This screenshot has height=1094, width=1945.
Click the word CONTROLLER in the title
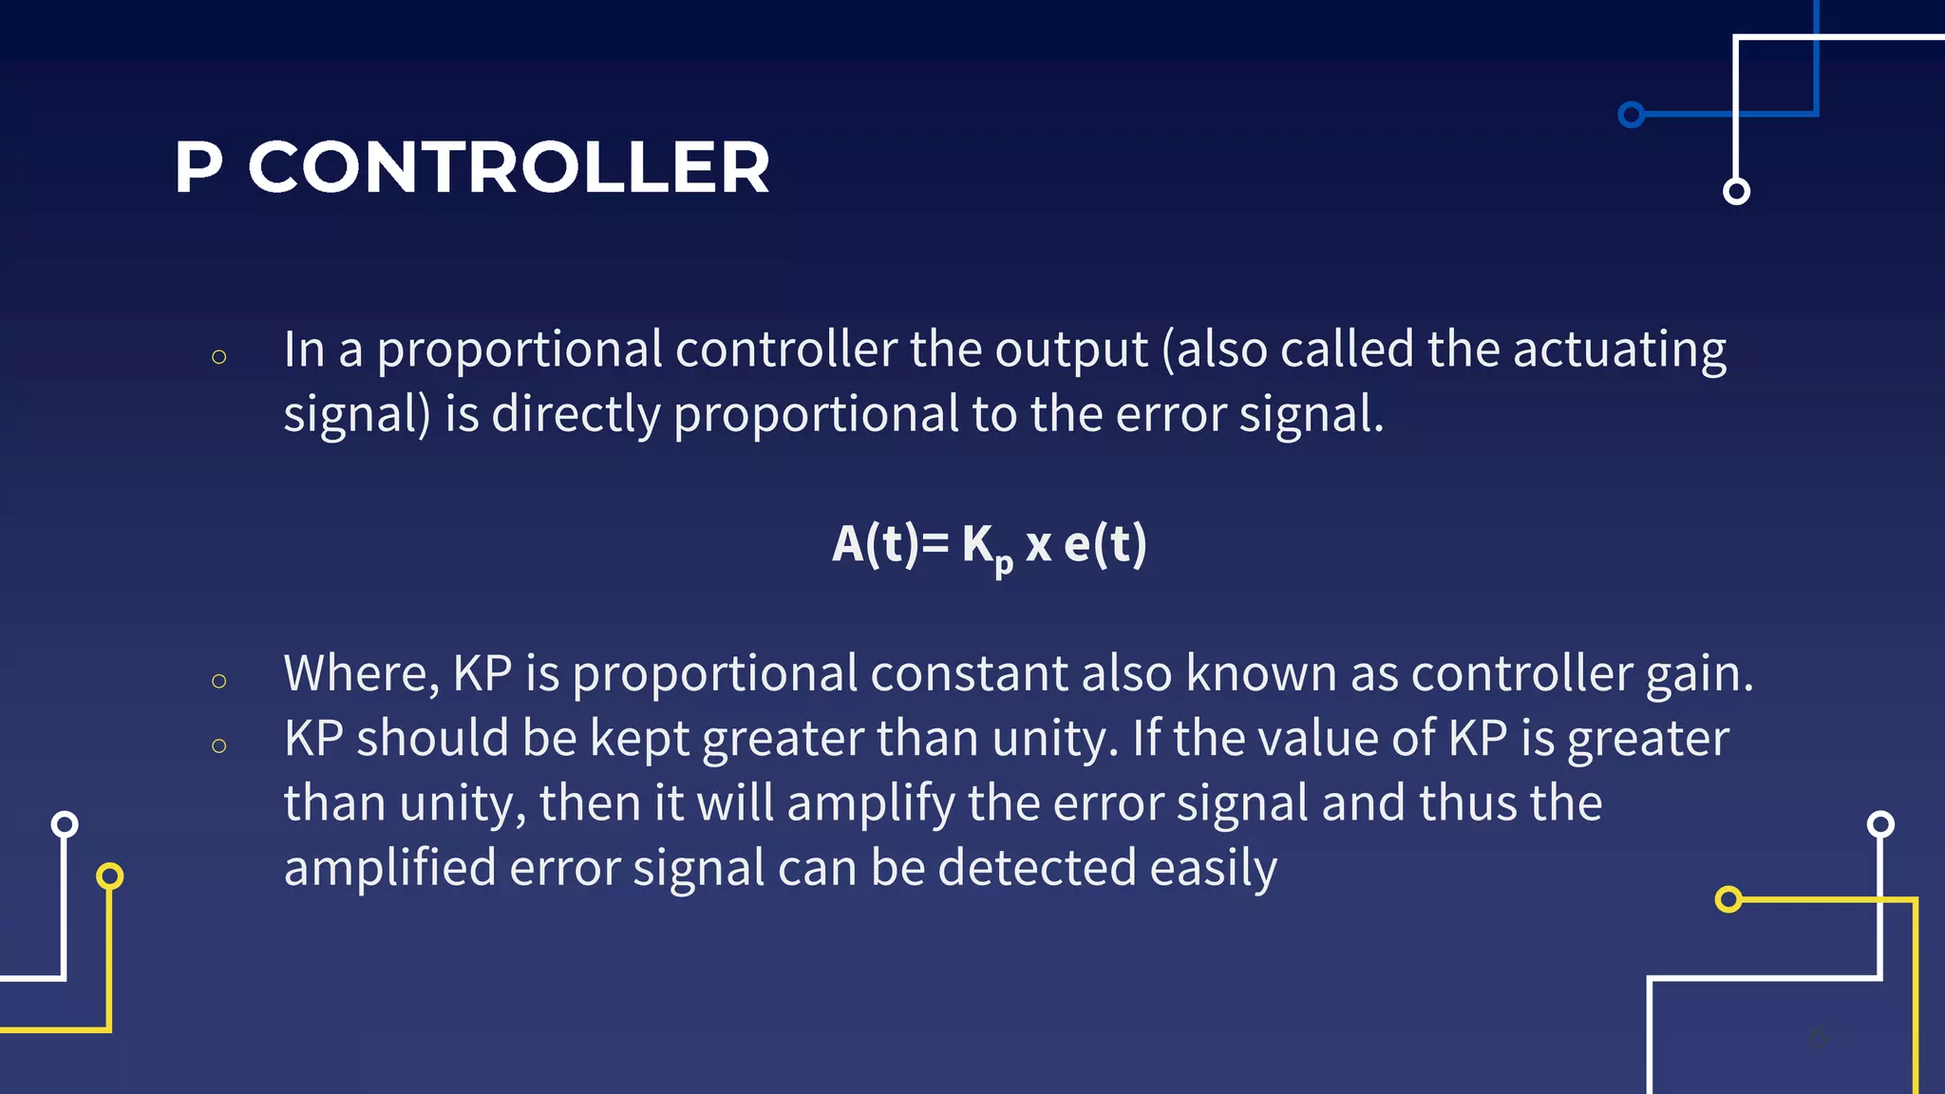(x=509, y=168)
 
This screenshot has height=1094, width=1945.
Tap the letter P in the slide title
(x=198, y=168)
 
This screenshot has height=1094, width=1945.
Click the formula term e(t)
(x=1105, y=544)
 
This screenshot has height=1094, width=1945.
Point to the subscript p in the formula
(x=1004, y=563)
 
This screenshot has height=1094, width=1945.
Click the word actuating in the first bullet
(x=1619, y=349)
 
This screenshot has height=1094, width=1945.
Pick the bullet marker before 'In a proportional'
(x=219, y=357)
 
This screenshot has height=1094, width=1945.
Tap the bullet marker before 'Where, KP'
(x=219, y=681)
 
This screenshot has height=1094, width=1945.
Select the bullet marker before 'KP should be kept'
(x=219, y=745)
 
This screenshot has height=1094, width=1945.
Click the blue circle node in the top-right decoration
(x=1632, y=115)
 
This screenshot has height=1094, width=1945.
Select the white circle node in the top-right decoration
(x=1736, y=191)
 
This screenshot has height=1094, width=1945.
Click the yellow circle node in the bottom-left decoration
(x=110, y=876)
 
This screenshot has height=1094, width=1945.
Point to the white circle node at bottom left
(x=65, y=823)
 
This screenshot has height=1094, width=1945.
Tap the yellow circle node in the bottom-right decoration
(x=1728, y=898)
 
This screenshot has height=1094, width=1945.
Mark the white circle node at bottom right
(x=1880, y=823)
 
